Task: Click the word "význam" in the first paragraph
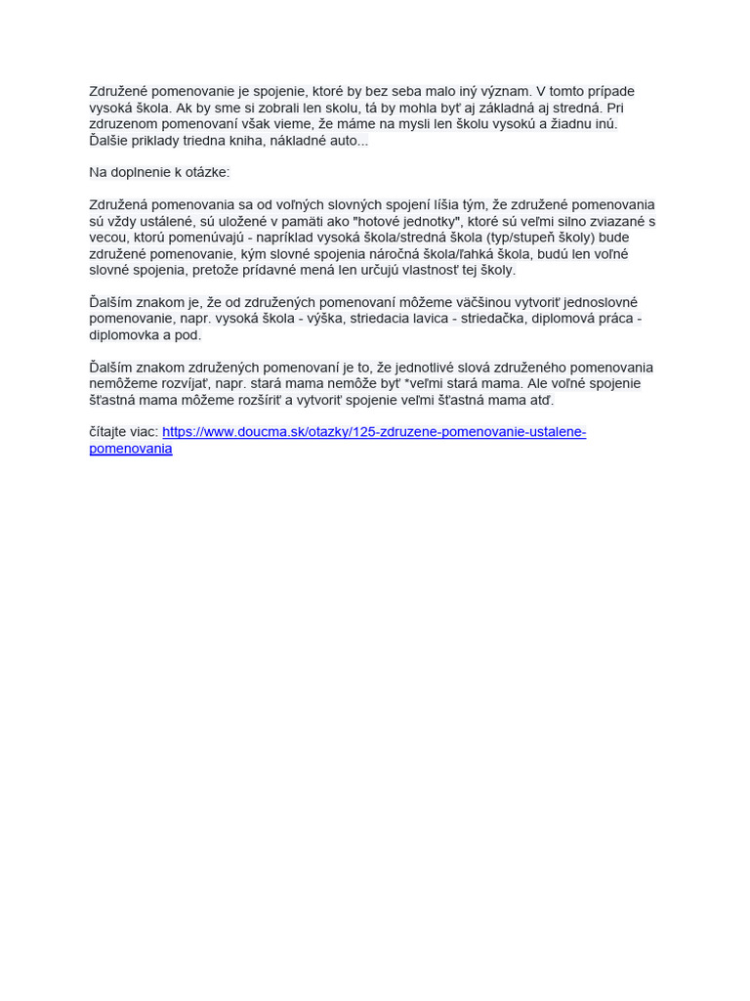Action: point(504,92)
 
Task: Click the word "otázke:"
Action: point(205,173)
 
